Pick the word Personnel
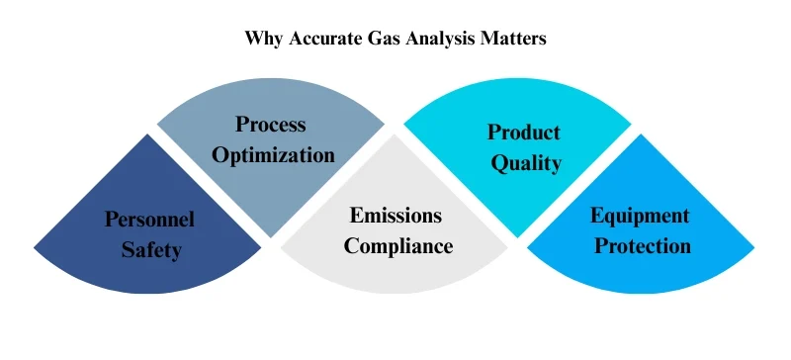(x=150, y=220)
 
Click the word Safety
(x=151, y=249)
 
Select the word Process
(x=270, y=125)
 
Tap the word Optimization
(x=271, y=154)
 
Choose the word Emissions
(x=395, y=215)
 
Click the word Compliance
(x=395, y=244)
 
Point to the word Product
(x=524, y=132)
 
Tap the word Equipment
(x=640, y=215)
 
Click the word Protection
(x=640, y=245)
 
